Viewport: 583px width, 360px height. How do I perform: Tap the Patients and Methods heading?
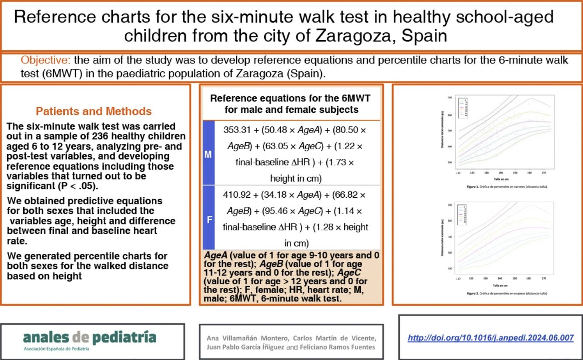point(94,111)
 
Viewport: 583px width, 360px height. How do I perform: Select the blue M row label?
point(208,154)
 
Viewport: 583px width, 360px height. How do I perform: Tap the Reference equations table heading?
point(290,104)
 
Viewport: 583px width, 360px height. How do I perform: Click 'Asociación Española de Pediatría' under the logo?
point(56,349)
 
